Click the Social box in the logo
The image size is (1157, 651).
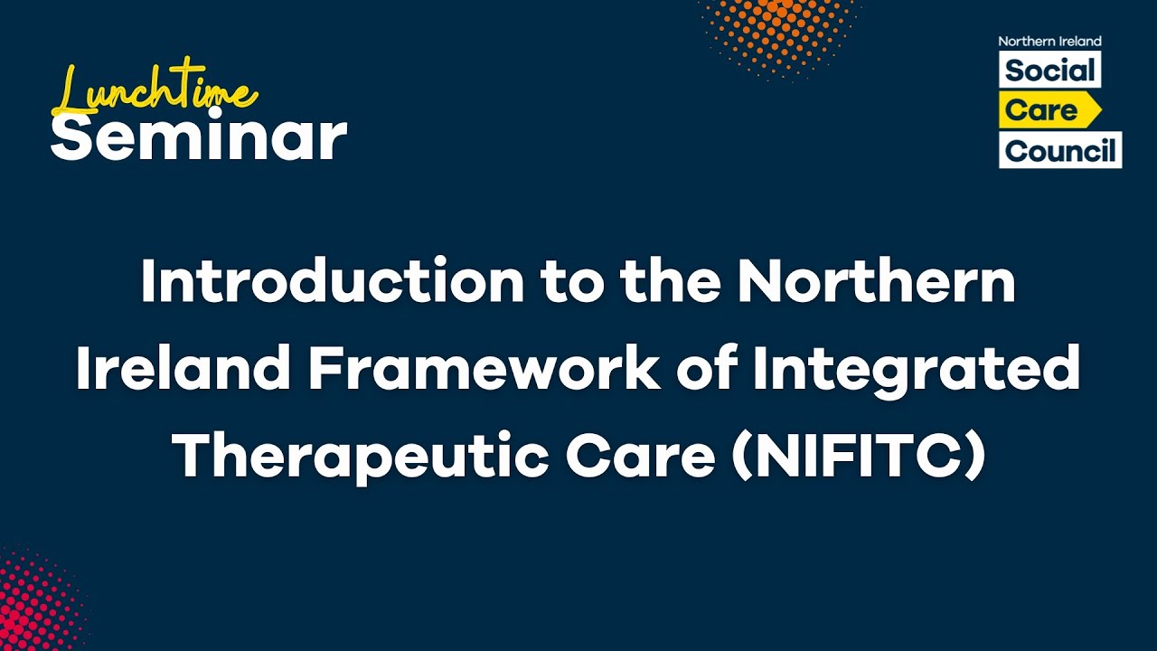pos(1049,71)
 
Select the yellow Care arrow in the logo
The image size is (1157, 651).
pos(1049,110)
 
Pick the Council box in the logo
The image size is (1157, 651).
pos(1060,150)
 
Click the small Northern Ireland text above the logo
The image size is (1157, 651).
pos(1049,42)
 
